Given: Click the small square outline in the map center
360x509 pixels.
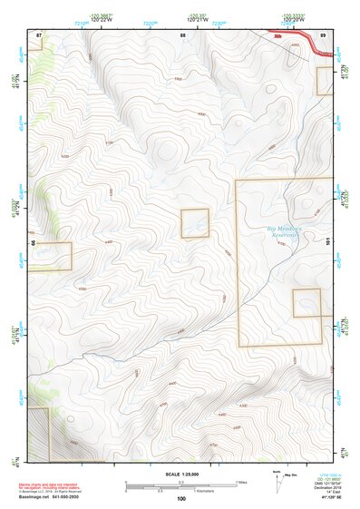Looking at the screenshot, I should pos(195,223).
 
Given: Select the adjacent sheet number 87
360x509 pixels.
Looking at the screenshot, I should pos(39,34).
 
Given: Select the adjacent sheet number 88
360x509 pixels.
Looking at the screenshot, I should pos(183,34).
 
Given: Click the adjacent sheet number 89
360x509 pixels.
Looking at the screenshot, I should pos(323,34).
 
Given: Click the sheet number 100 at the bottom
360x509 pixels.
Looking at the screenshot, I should pos(181,499).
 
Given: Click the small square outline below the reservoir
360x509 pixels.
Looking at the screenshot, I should pos(306,302).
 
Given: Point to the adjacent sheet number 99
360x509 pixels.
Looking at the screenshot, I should pos(33,243).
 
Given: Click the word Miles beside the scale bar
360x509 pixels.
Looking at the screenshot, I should pos(240,483).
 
